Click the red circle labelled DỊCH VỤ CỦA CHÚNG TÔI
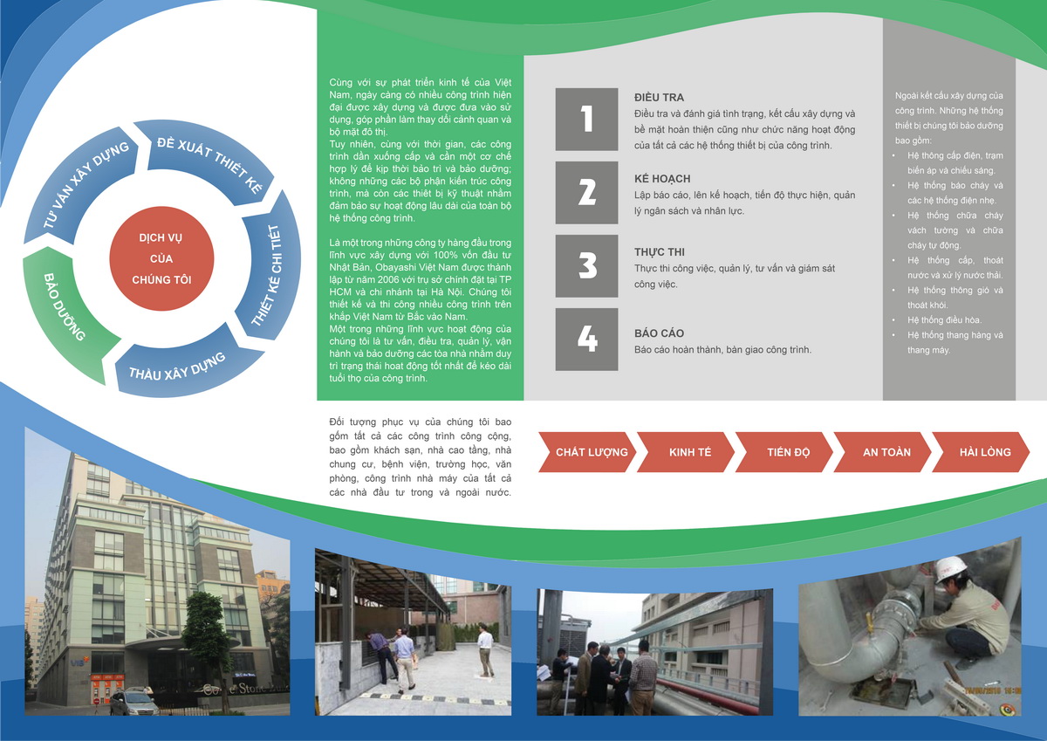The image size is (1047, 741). coord(161,258)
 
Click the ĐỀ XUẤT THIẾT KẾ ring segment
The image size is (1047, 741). coord(210,161)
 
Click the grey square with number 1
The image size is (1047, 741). coord(586,120)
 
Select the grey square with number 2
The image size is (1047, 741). coord(586,193)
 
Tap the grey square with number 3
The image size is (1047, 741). coord(586,266)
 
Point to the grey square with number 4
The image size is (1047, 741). coord(586,340)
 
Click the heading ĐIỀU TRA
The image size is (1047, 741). coord(659,97)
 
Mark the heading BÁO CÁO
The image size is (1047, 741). coord(659,333)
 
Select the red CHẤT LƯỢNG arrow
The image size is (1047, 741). coord(587,452)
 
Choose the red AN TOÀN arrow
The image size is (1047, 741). coord(882,452)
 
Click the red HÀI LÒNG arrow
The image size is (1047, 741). coord(981,452)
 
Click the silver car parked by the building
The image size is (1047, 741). coord(134,701)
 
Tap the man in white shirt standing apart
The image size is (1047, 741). coord(486,651)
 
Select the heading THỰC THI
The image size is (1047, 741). coord(660,252)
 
